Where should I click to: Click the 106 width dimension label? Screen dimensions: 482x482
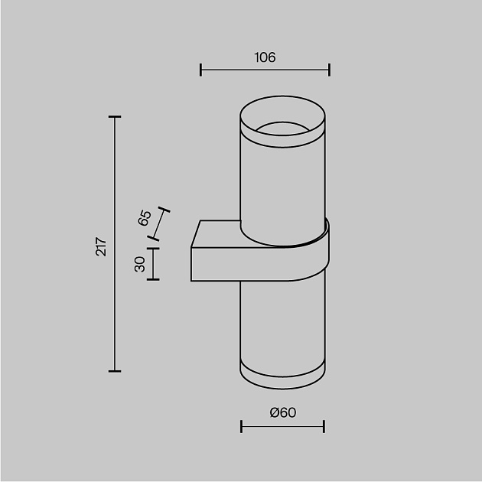click(264, 57)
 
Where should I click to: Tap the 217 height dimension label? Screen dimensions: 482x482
click(101, 246)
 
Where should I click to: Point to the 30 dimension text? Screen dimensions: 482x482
click(139, 264)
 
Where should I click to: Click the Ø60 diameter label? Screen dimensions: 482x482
click(282, 413)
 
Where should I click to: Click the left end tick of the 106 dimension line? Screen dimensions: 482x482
click(200, 70)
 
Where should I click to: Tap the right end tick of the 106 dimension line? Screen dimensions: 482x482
click(329, 70)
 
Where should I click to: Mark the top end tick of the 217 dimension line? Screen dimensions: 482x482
click(115, 116)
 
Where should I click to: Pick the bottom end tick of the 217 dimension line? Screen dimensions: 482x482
click(115, 371)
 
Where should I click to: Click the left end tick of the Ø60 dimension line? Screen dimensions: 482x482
click(241, 426)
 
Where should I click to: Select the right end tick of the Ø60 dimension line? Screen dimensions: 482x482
click(324, 426)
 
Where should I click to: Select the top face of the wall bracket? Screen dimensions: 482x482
click(219, 233)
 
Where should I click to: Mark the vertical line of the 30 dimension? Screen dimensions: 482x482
click(153, 264)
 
